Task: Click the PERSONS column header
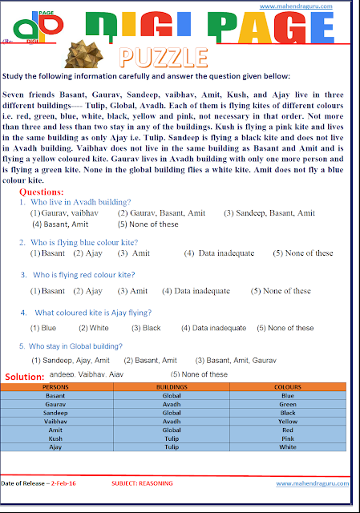56,387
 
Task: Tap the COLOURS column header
288,387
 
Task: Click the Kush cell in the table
56,438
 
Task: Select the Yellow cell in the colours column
288,421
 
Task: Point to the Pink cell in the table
288,438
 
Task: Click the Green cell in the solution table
288,404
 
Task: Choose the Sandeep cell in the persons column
56,412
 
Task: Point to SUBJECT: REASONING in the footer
144,483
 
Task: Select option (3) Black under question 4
146,328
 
